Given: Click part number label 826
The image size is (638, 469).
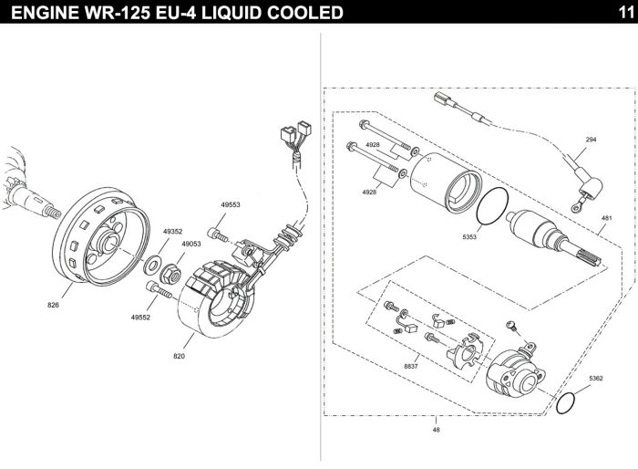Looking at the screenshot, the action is (x=53, y=305).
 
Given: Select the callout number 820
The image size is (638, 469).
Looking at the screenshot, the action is (x=179, y=356).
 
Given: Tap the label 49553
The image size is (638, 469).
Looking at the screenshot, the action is (x=231, y=205).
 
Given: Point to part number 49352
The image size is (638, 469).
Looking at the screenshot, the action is (x=172, y=232).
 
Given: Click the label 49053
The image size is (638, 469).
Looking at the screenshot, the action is (x=191, y=244).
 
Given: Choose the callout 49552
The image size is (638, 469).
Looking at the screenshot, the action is (x=140, y=317).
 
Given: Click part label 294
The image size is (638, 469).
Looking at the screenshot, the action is (x=591, y=140).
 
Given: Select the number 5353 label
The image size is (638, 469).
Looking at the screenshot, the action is (x=469, y=236).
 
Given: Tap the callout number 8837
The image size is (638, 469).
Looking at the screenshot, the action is (x=411, y=366).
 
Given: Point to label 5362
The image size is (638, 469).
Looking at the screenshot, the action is (x=596, y=378).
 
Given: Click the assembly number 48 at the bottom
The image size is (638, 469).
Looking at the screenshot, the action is (x=437, y=430).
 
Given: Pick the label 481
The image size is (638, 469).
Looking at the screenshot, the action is (x=606, y=218).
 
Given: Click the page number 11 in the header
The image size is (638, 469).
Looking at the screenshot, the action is (x=626, y=13).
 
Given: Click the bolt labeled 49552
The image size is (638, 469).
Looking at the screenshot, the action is (x=159, y=290).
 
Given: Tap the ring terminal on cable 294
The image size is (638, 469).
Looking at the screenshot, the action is (x=576, y=208).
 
